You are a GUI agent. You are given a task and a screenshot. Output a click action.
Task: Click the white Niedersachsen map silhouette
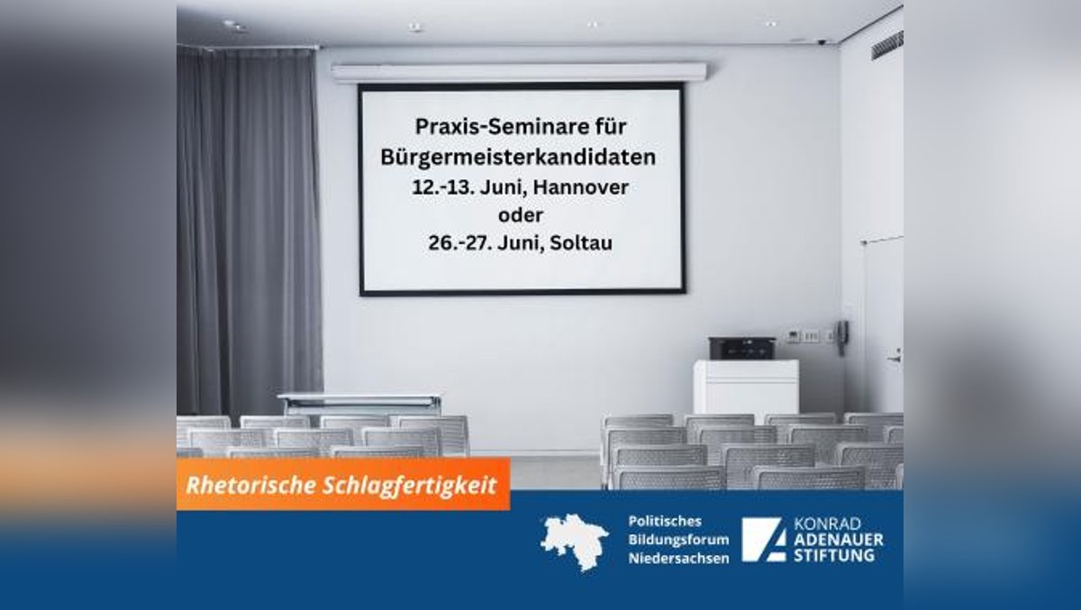pyautogui.click(x=574, y=541)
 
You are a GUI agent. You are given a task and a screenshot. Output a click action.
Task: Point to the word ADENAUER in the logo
pyautogui.click(x=838, y=540)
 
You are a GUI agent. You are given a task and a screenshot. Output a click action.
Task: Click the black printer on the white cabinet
pyautogui.click(x=741, y=348)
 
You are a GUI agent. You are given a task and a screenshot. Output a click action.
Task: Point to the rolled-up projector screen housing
pyautogui.click(x=519, y=72)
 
